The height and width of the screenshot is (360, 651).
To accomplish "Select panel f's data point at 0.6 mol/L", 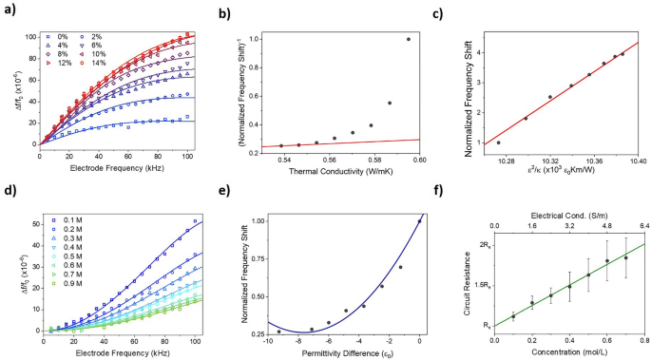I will click(607, 260).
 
